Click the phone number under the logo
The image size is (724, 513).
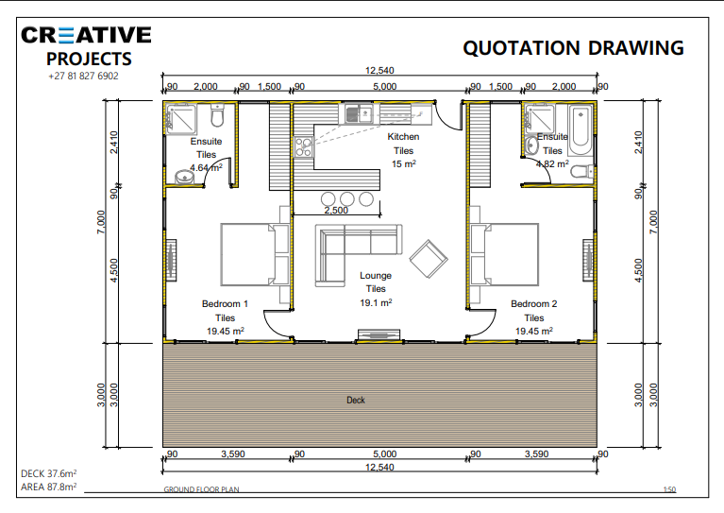pyautogui.click(x=83, y=77)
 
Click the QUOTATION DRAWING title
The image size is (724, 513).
pyautogui.click(x=573, y=48)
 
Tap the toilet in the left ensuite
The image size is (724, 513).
pyautogui.click(x=217, y=115)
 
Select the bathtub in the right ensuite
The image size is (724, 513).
pyautogui.click(x=581, y=130)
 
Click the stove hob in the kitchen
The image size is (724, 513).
pyautogui.click(x=304, y=147)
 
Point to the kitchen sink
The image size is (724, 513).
pyautogui.click(x=360, y=113)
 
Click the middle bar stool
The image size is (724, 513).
pyautogui.click(x=346, y=199)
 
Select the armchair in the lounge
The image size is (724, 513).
pyautogui.click(x=429, y=259)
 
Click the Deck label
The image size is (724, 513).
pyautogui.click(x=356, y=401)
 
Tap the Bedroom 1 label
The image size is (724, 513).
pyautogui.click(x=225, y=303)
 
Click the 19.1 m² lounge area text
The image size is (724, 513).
pyautogui.click(x=376, y=302)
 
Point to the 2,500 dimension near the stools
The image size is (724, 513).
pyautogui.click(x=336, y=211)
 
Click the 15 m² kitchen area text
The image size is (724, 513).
pyautogui.click(x=404, y=164)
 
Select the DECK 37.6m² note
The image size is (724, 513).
pyautogui.click(x=48, y=473)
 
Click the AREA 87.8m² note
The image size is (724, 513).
pyautogui.click(x=48, y=487)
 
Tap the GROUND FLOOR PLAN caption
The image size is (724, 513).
pyautogui.click(x=201, y=489)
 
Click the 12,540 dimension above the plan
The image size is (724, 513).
pyautogui.click(x=379, y=70)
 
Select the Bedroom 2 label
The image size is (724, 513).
pyautogui.click(x=533, y=303)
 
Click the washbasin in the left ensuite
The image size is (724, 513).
pyautogui.click(x=185, y=177)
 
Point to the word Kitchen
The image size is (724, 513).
pyautogui.click(x=403, y=137)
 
